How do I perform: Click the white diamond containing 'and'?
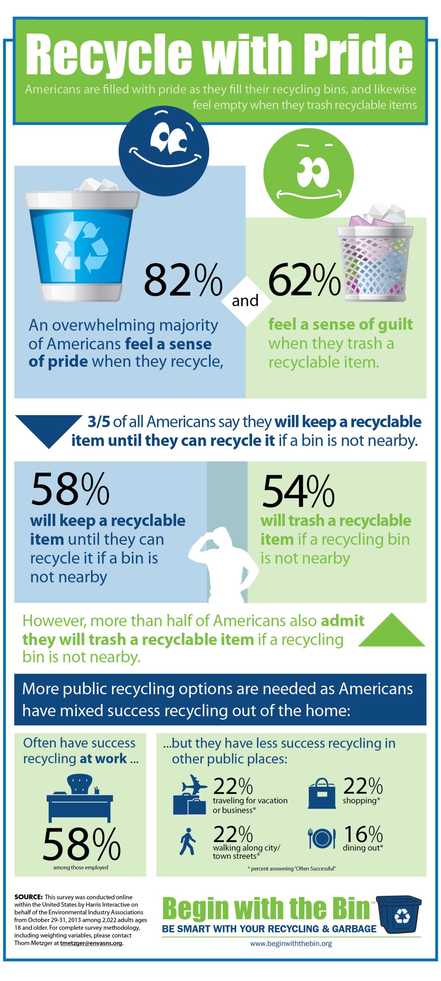(245, 301)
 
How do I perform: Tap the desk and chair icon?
(80, 796)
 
